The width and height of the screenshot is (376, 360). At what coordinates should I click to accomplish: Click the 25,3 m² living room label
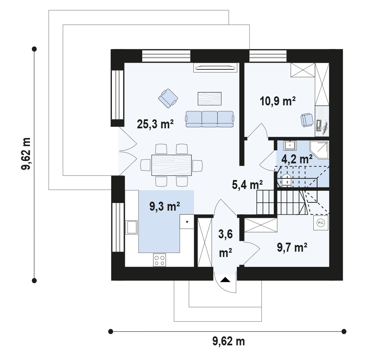click(155, 124)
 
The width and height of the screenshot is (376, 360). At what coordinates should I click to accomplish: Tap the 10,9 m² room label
click(278, 101)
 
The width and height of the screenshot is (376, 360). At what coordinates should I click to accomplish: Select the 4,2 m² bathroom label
click(297, 159)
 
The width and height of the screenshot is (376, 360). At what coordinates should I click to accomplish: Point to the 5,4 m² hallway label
click(247, 185)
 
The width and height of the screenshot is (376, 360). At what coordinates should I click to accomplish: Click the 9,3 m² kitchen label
click(165, 206)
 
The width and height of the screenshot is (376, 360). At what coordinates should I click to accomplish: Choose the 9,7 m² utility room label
click(292, 247)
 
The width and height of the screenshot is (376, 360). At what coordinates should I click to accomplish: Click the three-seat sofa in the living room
click(209, 119)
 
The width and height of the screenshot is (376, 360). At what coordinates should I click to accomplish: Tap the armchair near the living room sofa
click(168, 98)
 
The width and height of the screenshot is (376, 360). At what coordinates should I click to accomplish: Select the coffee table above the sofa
click(209, 99)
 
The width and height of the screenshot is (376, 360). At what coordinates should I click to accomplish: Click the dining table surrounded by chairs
click(172, 165)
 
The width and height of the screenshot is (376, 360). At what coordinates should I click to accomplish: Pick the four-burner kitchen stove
click(160, 260)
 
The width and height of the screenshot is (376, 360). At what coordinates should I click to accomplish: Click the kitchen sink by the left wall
click(132, 227)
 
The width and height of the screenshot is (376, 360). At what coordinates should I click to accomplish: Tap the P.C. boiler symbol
click(321, 223)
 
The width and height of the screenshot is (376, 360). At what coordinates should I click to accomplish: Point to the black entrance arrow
click(225, 280)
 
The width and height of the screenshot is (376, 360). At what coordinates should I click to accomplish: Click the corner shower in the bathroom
click(319, 150)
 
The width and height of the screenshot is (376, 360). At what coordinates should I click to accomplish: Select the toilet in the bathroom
click(286, 180)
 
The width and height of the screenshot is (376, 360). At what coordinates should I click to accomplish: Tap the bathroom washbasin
click(290, 145)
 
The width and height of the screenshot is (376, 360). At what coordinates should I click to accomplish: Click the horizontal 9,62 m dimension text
click(228, 341)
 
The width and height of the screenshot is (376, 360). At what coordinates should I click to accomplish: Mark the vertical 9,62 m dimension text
click(26, 154)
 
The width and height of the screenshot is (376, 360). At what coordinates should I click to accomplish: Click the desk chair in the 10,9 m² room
click(307, 120)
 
